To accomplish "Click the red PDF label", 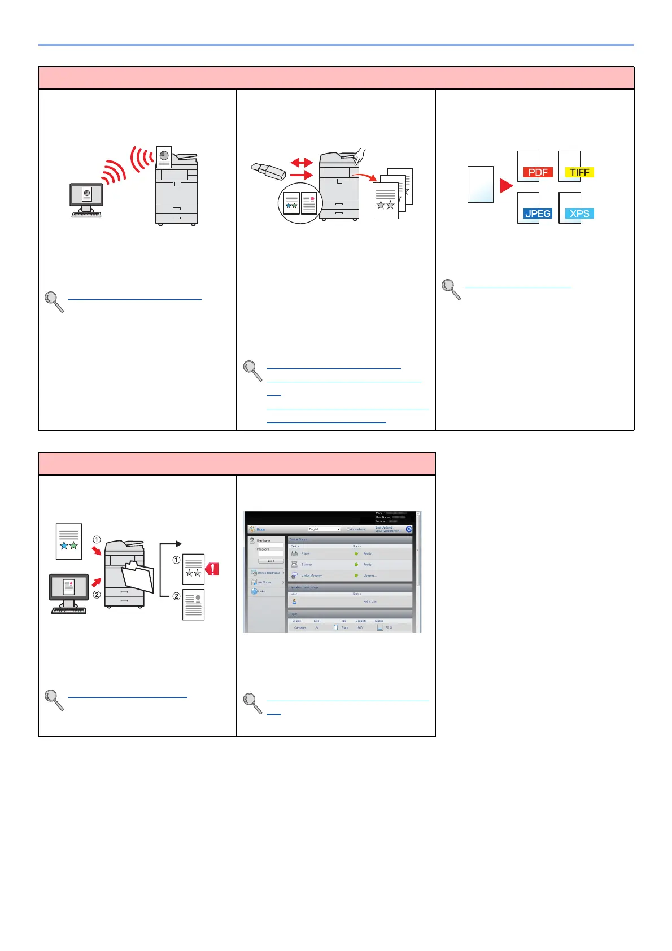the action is pos(538,172).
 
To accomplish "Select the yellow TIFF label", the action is pos(579,172).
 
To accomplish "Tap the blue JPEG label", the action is pos(537,213).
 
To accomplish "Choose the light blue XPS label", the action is pos(579,213).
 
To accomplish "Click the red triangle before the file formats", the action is pos(507,185).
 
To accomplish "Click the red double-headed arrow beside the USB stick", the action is pos(301,163).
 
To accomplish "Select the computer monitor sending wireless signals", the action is pos(86,195).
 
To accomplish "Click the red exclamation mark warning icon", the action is pos(212,569).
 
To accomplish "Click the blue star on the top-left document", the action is pos(64,546).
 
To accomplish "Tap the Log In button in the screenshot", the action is pos(271,561).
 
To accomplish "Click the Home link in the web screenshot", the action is pos(261,529).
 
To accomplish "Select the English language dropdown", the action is pos(324,529).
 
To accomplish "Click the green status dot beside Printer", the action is pos(356,553).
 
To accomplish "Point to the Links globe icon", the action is pos(254,591).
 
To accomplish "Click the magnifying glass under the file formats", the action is pos(451,289).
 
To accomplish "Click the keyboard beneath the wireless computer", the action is pos(86,215).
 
